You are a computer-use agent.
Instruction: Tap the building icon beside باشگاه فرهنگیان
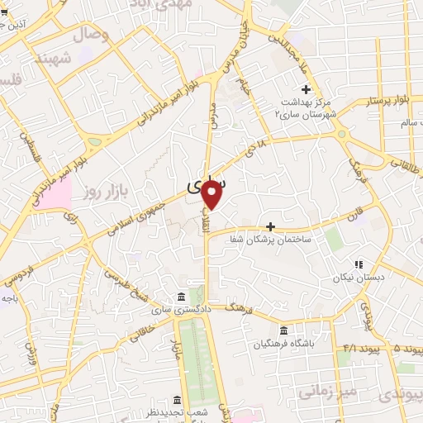(284, 330)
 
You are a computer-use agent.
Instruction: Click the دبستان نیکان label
(359, 278)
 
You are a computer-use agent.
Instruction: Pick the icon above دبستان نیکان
(359, 264)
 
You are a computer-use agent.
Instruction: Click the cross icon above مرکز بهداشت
(306, 89)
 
